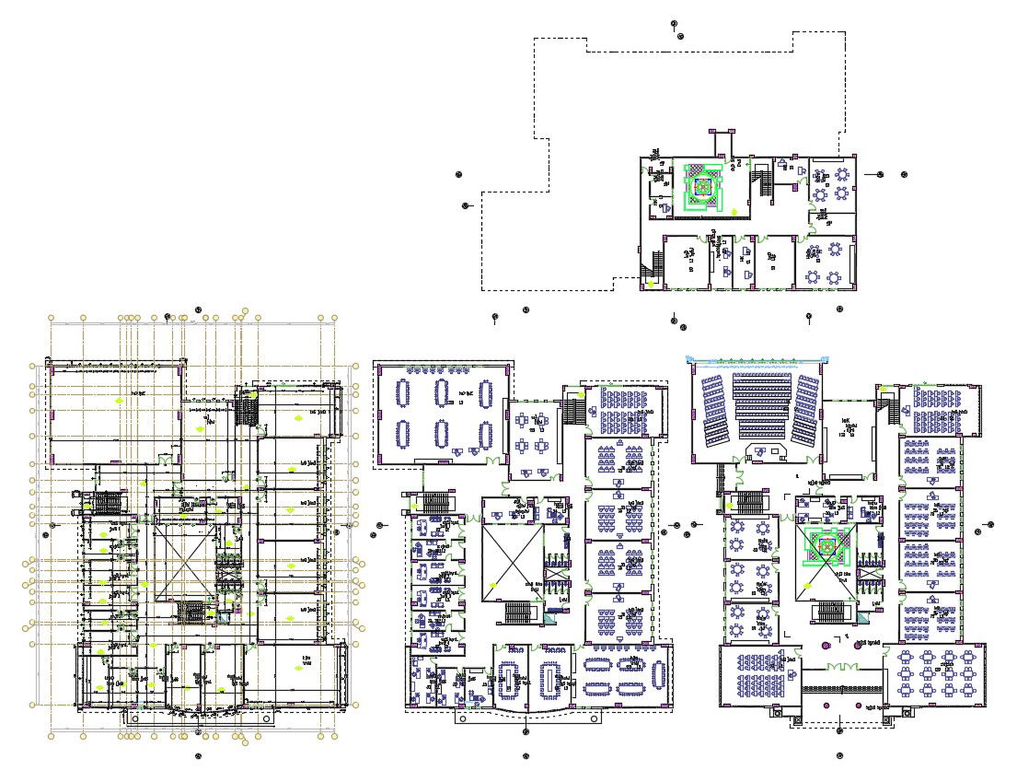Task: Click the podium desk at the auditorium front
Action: tap(762, 451)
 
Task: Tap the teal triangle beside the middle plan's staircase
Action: tap(549, 621)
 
